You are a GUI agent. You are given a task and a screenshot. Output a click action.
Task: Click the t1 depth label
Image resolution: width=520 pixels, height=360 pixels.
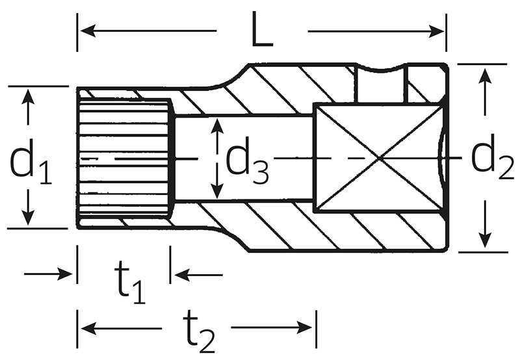[x=131, y=283]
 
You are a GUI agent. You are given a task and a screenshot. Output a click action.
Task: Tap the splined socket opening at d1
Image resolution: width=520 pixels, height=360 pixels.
[x=123, y=158]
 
